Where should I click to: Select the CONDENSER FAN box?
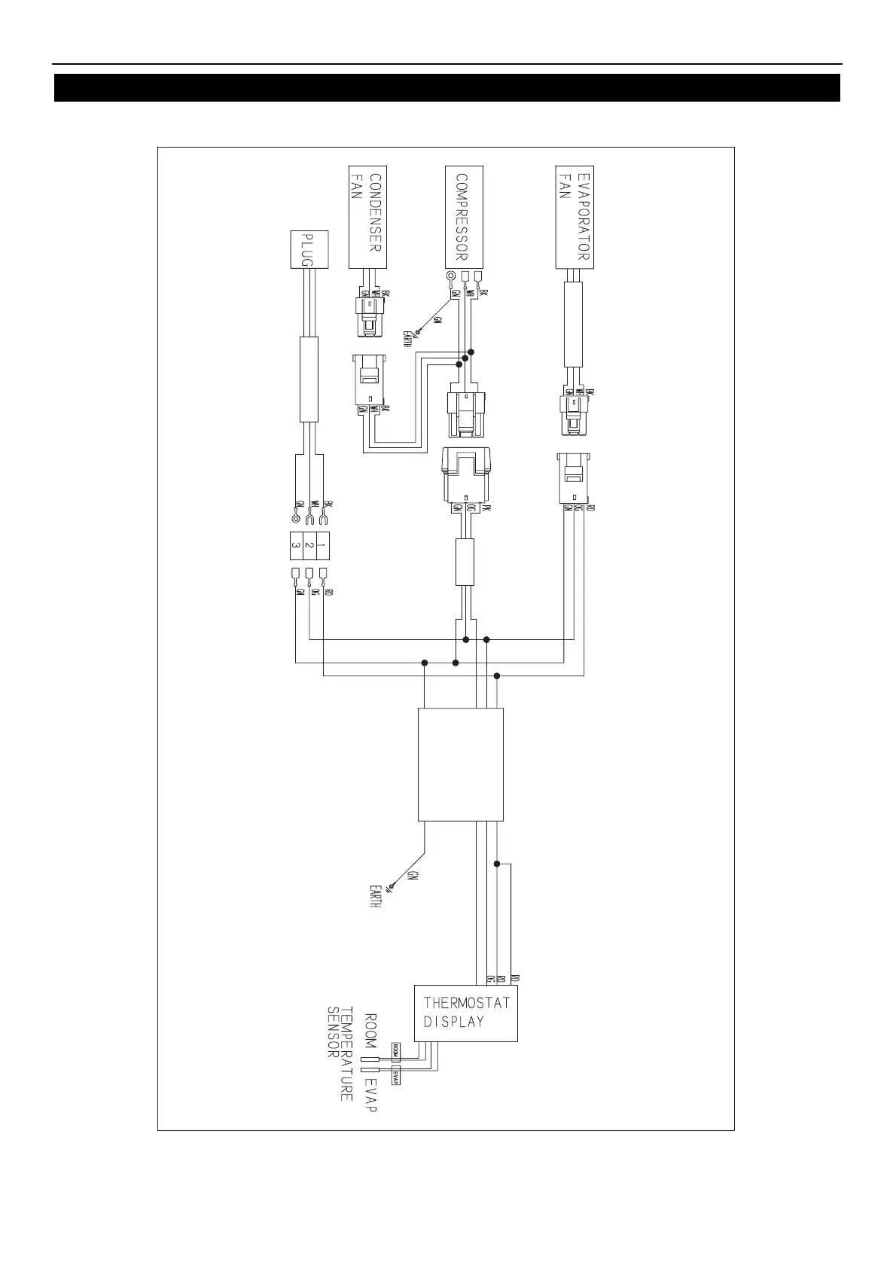(367, 217)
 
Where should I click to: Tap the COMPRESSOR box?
(464, 217)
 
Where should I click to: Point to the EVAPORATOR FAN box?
(575, 217)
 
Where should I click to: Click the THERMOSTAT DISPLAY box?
(467, 1013)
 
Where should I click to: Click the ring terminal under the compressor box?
(450, 276)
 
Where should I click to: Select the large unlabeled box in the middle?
(460, 764)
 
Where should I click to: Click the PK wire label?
(486, 508)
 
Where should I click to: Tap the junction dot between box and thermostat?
(496, 864)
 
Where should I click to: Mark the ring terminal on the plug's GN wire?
(296, 519)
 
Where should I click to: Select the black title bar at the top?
(447, 87)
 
